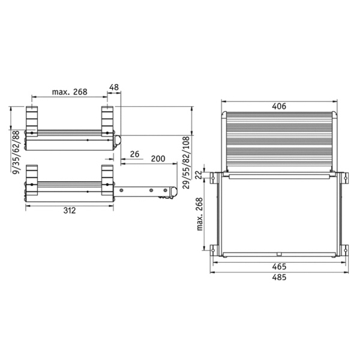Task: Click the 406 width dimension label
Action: (279, 106)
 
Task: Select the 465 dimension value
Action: (279, 266)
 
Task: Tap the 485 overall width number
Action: (279, 277)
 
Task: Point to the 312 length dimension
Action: (70, 211)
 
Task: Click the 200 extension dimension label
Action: (158, 158)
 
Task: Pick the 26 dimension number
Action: (134, 154)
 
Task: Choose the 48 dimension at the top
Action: (114, 87)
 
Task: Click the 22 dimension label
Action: (200, 175)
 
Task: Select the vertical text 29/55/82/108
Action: (186, 163)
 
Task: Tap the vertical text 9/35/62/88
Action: (16, 152)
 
